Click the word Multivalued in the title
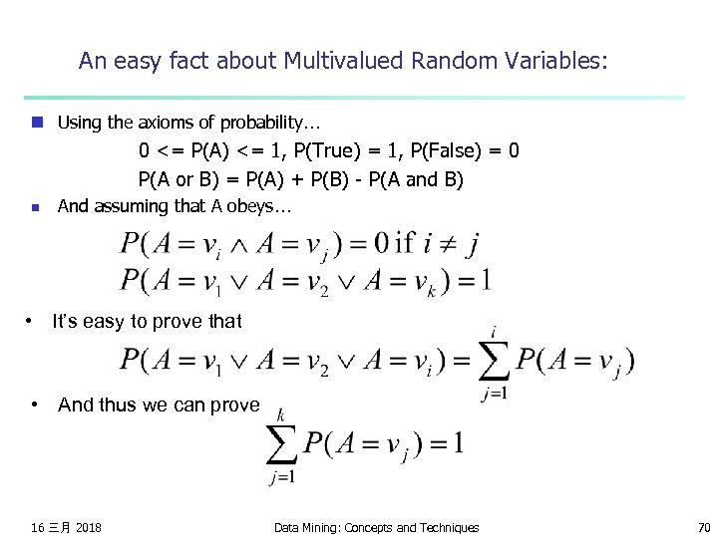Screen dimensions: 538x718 (x=334, y=61)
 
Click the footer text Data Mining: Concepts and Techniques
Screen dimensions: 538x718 (x=376, y=527)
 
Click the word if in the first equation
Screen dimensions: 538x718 (x=405, y=243)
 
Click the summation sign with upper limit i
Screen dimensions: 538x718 (x=494, y=362)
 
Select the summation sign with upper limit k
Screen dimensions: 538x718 (x=281, y=444)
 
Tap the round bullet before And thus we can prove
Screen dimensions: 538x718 (x=35, y=404)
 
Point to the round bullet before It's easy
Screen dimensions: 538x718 (x=30, y=321)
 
